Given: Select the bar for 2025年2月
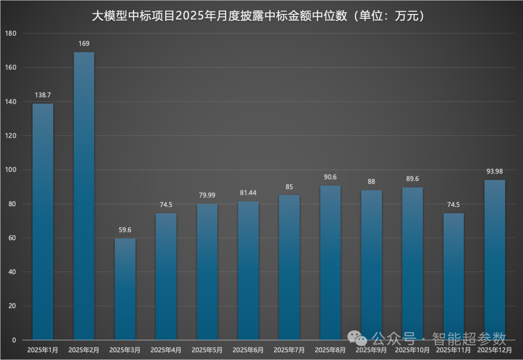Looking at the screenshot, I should pyautogui.click(x=84, y=196).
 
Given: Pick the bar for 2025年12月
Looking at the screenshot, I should pyautogui.click(x=495, y=260).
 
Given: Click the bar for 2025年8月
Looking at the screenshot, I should pyautogui.click(x=330, y=263).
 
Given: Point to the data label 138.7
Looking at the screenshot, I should pyautogui.click(x=43, y=95).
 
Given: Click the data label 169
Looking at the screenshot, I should pyautogui.click(x=84, y=44).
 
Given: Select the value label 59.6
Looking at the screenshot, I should pyautogui.click(x=125, y=230).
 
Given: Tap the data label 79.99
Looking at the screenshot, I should pyautogui.click(x=207, y=195).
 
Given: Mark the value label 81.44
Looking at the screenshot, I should pyautogui.click(x=248, y=193).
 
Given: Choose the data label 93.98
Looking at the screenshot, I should pyautogui.click(x=495, y=171).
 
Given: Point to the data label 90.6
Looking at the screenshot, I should pyautogui.click(x=330, y=177).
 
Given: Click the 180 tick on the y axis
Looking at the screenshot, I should pyautogui.click(x=11, y=33).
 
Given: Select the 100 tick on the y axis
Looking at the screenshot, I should pyautogui.click(x=11, y=170).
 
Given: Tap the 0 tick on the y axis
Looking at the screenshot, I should pyautogui.click(x=15, y=340).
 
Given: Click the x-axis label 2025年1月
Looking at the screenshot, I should pyautogui.click(x=43, y=350).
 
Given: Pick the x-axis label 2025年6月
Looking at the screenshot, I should pyautogui.click(x=248, y=350).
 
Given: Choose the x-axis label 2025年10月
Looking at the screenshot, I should pyautogui.click(x=412, y=350).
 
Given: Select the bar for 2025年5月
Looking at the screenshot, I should pyautogui.click(x=207, y=272).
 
